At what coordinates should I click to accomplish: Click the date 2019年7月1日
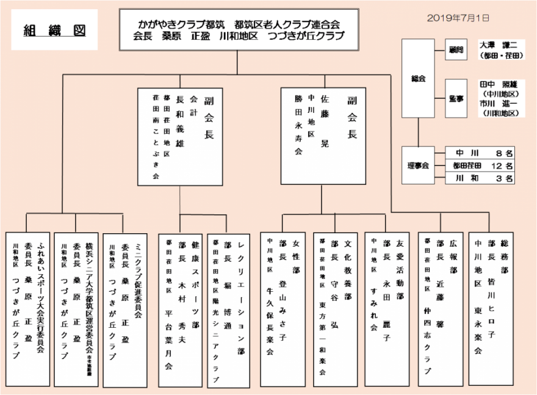click(458, 18)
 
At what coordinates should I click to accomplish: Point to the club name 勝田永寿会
click(298, 125)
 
